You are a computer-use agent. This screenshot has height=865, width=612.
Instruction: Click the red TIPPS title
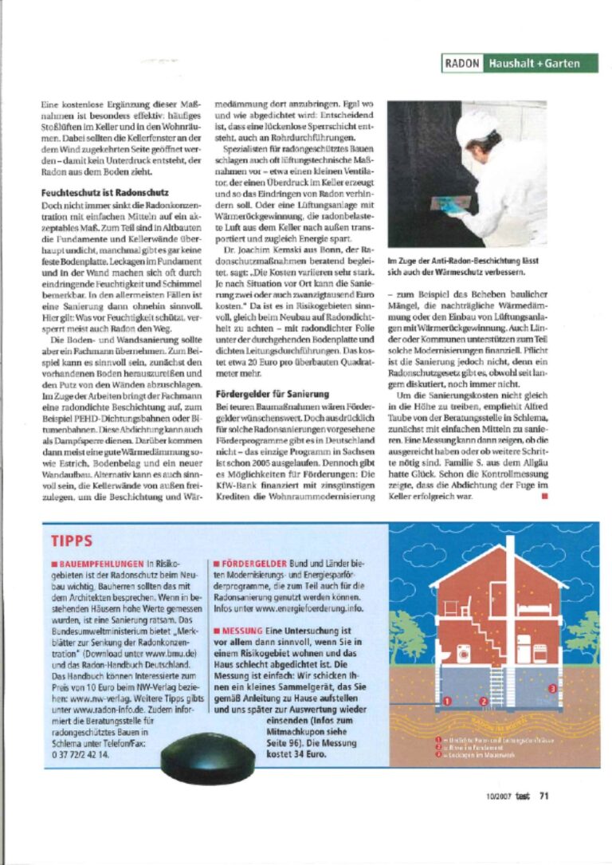coord(72,541)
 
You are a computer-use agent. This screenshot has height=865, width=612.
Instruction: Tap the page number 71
coord(544,794)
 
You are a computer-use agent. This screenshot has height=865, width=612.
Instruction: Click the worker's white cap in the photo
coord(477,126)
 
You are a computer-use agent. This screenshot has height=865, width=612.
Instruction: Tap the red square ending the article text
coord(544,497)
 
